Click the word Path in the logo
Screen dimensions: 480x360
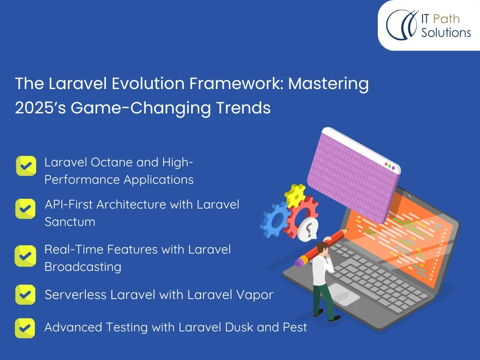pos(446,19)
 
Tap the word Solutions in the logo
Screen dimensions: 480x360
pos(446,32)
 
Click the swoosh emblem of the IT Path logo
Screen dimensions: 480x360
pos(402,25)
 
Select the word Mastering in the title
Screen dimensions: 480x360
pos(329,84)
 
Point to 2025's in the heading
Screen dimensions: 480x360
pos(40,108)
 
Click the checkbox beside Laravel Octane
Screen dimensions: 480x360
pos(26,166)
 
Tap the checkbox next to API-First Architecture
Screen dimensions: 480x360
pos(25,209)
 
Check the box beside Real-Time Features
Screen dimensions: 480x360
pos(25,256)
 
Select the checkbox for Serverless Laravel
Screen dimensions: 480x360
pos(25,294)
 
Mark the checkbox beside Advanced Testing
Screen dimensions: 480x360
pos(25,328)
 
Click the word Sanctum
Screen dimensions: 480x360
pos(70,222)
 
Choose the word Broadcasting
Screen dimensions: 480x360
pos(83,267)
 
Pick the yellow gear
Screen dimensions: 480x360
pos(295,195)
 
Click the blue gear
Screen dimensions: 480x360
pos(274,219)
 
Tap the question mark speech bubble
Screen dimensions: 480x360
pos(308,229)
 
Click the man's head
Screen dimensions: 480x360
pos(322,247)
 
